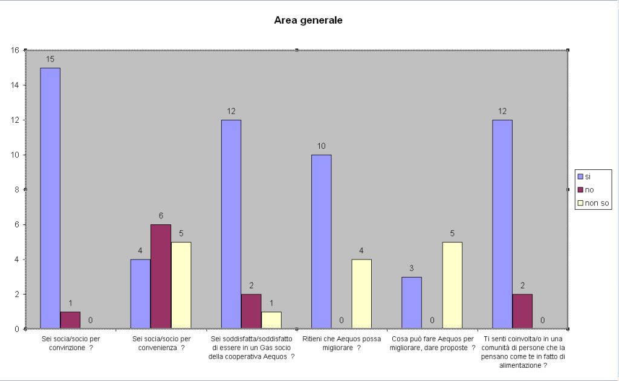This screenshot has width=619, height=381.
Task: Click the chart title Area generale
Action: (x=308, y=21)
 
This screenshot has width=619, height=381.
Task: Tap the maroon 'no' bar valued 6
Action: (x=161, y=276)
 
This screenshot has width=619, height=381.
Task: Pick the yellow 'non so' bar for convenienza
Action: (x=181, y=285)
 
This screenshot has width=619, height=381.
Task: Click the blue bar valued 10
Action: (x=321, y=242)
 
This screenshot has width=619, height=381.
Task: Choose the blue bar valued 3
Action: (x=412, y=303)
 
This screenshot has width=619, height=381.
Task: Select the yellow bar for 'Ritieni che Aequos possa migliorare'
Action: (x=361, y=294)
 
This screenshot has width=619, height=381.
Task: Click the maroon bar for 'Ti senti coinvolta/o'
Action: (x=522, y=311)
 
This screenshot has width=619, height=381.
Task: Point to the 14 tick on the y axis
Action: (x=16, y=85)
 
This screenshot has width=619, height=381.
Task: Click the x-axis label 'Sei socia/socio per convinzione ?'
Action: (x=70, y=343)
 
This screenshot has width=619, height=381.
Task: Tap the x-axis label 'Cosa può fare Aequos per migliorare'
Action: (x=433, y=343)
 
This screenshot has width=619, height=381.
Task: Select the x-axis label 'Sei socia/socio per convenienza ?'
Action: (x=161, y=343)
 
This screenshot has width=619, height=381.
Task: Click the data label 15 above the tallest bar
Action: (x=50, y=59)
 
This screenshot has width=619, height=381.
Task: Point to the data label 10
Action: (x=321, y=146)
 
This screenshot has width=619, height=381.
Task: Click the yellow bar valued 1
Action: (x=271, y=321)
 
